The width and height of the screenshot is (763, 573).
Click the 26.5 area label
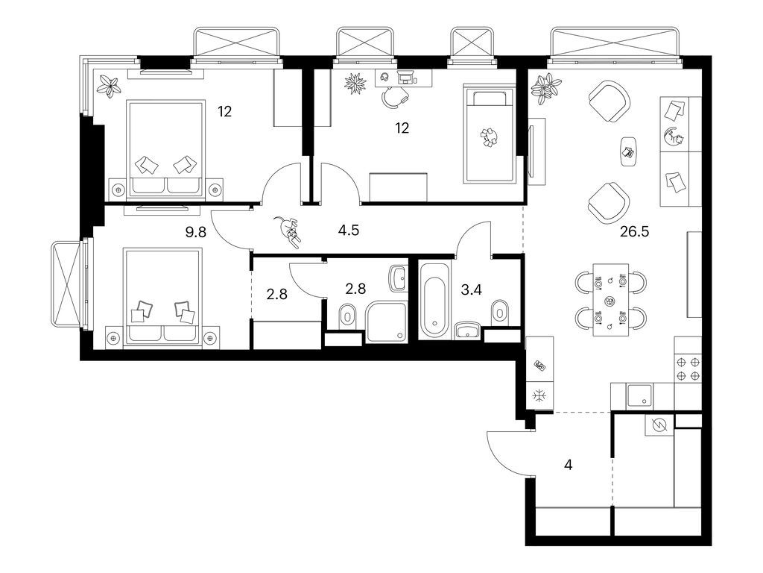pyautogui.click(x=634, y=231)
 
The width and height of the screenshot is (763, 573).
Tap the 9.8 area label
pyautogui.click(x=196, y=231)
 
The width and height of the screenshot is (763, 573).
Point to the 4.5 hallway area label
pyautogui.click(x=349, y=231)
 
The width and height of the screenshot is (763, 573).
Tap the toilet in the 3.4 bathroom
pyautogui.click(x=501, y=310)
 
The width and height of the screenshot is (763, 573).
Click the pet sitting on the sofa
pyautogui.click(x=676, y=137)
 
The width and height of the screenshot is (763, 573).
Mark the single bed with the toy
pyautogui.click(x=490, y=134)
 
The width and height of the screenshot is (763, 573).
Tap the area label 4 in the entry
pyautogui.click(x=569, y=465)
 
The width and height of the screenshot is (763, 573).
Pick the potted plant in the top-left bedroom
pyautogui.click(x=111, y=86)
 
